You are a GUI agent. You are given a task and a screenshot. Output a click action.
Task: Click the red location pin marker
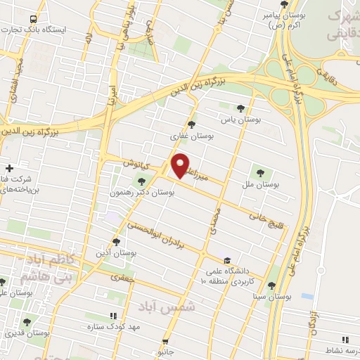point(181,166)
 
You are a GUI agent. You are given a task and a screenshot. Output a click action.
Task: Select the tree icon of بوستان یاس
point(241,108)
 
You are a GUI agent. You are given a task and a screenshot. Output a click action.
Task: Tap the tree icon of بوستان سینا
point(271,285)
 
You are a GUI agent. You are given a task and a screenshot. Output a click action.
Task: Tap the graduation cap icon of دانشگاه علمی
point(224,257)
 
